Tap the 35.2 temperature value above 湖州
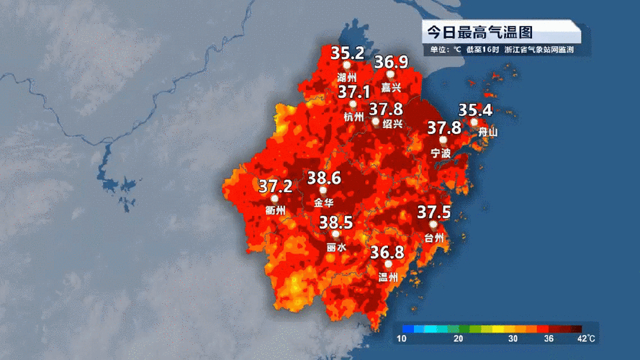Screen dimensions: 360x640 click(x=347, y=53)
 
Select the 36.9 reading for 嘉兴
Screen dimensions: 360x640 click(x=391, y=63)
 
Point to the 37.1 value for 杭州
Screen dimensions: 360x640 click(x=354, y=92)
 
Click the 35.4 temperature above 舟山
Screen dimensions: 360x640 click(x=475, y=110)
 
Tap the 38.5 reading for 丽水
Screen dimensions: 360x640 click(x=335, y=222)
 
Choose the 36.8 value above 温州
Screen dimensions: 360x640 click(x=387, y=252)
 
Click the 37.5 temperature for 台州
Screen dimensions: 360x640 click(x=434, y=212)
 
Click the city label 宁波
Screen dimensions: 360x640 click(x=440, y=153)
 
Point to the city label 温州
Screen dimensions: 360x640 click(x=388, y=276)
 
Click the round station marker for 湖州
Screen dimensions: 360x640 click(x=346, y=66)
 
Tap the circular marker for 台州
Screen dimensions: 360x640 click(x=433, y=225)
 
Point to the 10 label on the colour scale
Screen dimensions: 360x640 click(x=401, y=338)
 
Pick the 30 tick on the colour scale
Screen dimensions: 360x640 click(x=513, y=338)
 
